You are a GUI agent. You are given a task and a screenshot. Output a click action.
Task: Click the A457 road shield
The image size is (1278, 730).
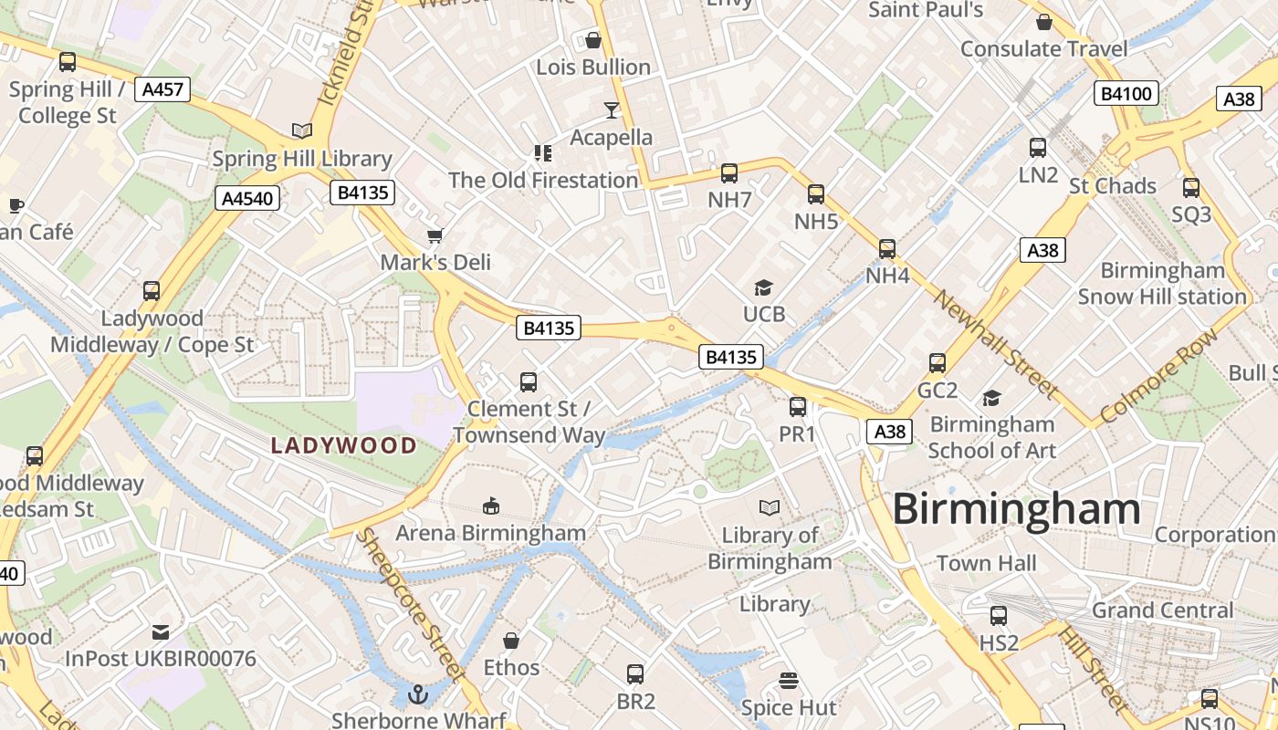[162, 89]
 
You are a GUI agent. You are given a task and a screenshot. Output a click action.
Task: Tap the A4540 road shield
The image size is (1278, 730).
[248, 198]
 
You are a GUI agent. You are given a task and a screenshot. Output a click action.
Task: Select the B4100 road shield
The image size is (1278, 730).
[1126, 93]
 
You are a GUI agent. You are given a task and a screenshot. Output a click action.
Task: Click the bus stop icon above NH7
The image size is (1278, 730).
[728, 173]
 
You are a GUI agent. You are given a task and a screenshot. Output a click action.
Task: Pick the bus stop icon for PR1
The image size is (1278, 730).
[797, 407]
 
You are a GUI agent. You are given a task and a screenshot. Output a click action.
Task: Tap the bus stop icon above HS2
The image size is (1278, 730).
[999, 616]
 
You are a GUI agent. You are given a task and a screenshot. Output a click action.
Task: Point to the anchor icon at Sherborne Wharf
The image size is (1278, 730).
[418, 694]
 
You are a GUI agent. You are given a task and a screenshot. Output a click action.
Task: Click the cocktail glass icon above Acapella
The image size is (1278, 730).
[611, 110]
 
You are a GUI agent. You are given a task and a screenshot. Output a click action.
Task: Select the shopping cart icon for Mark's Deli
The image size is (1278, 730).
[435, 235]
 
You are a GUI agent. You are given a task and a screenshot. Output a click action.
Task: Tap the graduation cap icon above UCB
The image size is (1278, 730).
[763, 288]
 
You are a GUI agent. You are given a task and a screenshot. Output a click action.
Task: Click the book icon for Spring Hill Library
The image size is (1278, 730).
[301, 131]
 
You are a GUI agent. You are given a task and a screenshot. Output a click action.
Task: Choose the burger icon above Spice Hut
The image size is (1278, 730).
[789, 681]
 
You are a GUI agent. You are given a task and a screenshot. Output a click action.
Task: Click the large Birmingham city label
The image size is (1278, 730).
[1016, 509]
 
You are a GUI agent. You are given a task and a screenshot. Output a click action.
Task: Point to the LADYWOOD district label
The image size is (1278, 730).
[344, 446]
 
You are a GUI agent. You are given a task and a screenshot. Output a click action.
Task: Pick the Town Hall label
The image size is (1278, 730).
[986, 563]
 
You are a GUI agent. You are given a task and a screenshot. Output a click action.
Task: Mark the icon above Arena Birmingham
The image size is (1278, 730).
[490, 506]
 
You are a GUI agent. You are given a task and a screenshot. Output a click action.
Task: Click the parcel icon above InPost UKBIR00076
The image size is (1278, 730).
[161, 631]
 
